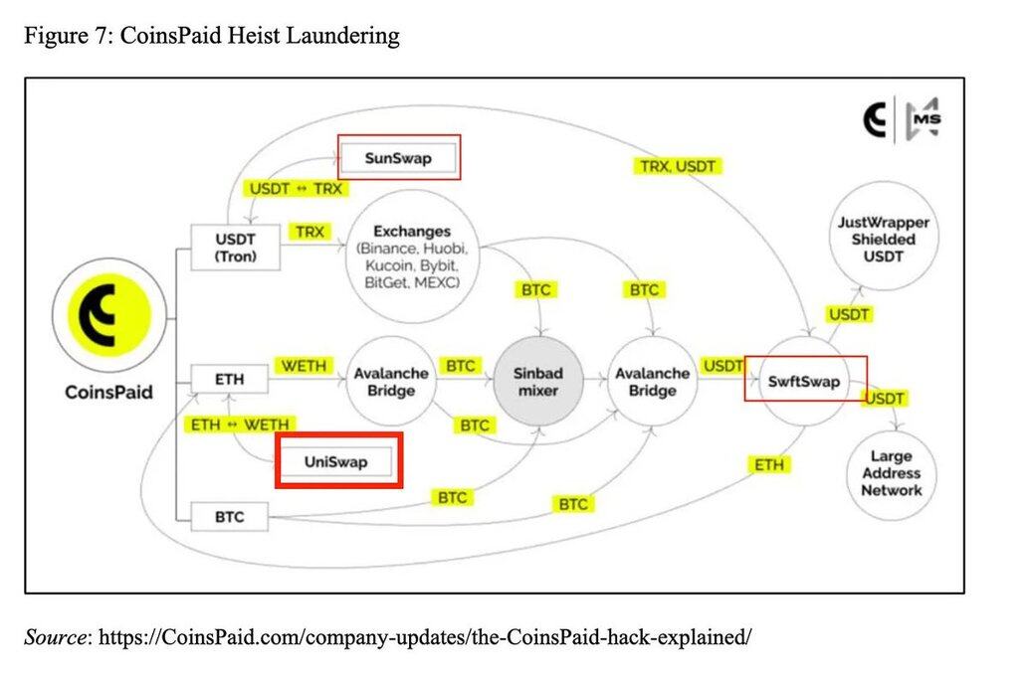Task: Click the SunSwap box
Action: click(x=398, y=158)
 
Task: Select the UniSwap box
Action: click(x=336, y=461)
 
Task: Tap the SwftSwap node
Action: click(x=804, y=381)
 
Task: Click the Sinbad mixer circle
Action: click(x=538, y=382)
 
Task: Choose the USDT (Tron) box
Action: click(x=236, y=248)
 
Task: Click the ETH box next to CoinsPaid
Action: click(x=229, y=379)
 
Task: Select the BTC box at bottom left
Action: click(x=229, y=517)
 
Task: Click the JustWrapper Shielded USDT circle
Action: click(x=877, y=240)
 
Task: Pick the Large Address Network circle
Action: click(x=892, y=473)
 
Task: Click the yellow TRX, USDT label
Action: click(x=678, y=166)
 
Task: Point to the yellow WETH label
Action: click(x=304, y=366)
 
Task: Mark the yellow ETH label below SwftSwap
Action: click(x=769, y=464)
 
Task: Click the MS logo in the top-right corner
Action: click(x=924, y=119)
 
